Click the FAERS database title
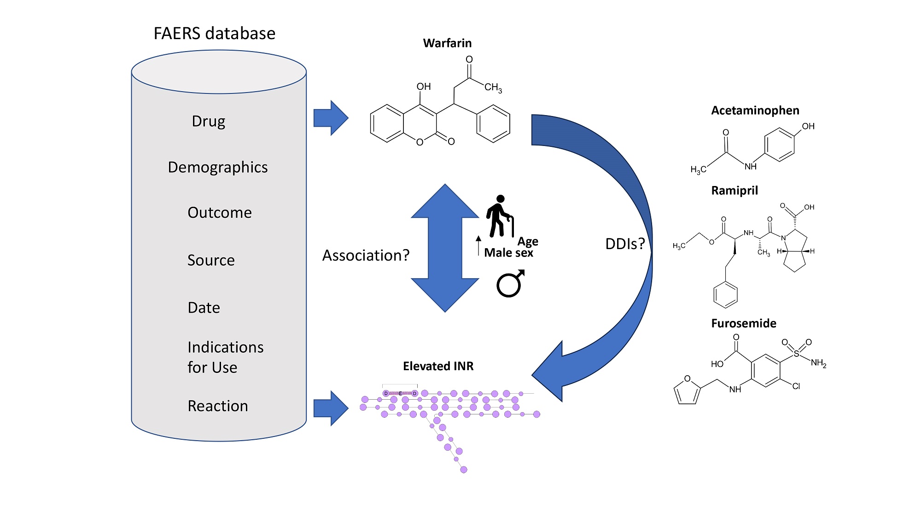[215, 34]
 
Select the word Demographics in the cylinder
[218, 167]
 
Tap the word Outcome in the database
[220, 213]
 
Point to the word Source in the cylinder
[211, 260]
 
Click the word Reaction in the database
[218, 406]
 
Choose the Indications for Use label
[226, 357]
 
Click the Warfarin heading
[447, 43]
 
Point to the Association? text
[366, 255]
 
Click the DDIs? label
[625, 244]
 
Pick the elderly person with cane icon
[500, 216]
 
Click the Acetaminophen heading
[755, 111]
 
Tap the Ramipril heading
[734, 191]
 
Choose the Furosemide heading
[744, 323]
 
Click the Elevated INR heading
[438, 366]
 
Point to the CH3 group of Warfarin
[493, 87]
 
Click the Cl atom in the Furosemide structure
[796, 386]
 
